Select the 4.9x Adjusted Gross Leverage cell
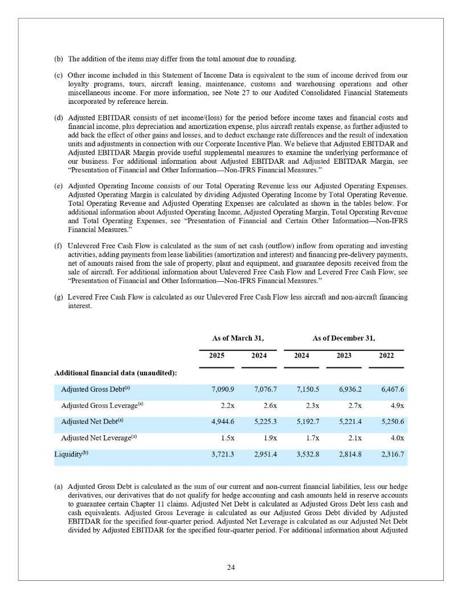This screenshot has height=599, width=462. coord(393,406)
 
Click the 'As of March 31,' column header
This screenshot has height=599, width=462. coord(238,338)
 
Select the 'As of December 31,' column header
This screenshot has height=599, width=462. coord(344,338)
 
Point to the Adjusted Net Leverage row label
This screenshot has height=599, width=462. coord(100,438)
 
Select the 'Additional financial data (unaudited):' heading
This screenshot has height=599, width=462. coord(115,373)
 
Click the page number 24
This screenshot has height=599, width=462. coord(231,567)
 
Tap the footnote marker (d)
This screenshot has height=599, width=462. coord(58,118)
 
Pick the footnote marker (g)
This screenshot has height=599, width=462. coord(58,298)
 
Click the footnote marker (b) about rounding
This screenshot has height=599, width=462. coord(58,59)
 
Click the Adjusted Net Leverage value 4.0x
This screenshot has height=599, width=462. coord(393,438)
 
